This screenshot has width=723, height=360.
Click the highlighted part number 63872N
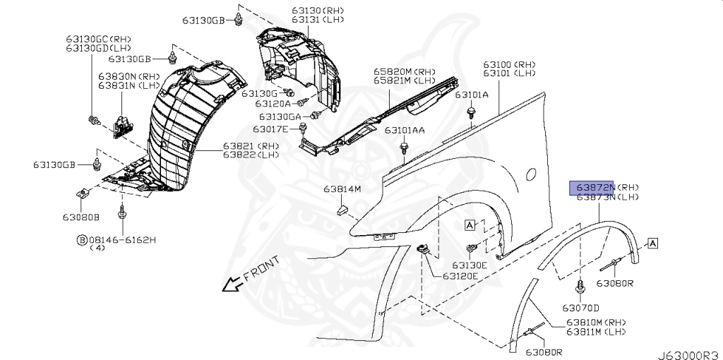(592, 187)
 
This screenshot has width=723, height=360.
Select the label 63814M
(342, 189)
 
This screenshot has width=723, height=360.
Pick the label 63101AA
(405, 131)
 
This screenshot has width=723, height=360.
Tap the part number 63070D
(580, 308)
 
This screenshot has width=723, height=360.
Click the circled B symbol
(82, 240)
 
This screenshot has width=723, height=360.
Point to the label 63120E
(460, 276)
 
